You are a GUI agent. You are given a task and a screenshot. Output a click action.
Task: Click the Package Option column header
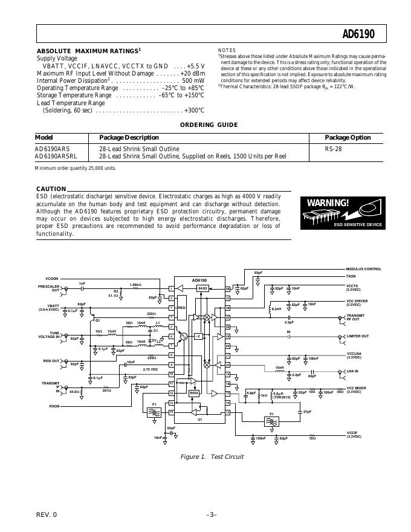(x=348, y=138)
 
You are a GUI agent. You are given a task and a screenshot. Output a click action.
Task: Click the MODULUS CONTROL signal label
(x=364, y=269)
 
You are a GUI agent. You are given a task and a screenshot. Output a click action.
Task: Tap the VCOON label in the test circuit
(x=52, y=278)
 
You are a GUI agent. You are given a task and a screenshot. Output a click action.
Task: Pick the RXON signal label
(x=55, y=406)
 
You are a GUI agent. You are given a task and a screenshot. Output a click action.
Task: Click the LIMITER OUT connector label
(x=357, y=336)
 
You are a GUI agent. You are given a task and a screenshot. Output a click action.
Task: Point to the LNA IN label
(x=352, y=371)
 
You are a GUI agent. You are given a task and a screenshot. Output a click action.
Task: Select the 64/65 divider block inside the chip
(x=202, y=288)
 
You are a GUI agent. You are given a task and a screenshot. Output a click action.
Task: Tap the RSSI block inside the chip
(x=194, y=393)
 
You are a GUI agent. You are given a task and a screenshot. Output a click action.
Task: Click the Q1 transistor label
(x=97, y=319)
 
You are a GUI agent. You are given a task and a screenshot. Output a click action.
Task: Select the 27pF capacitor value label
(x=307, y=412)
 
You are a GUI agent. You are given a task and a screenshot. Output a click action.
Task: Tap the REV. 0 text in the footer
(x=46, y=514)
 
